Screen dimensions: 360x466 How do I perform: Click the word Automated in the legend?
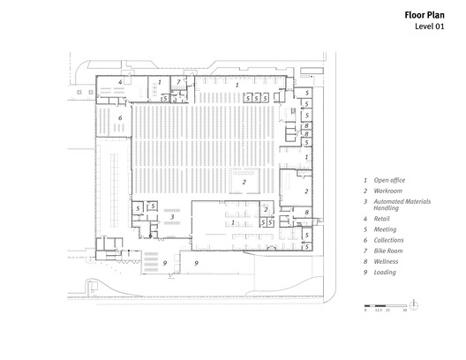click(393, 202)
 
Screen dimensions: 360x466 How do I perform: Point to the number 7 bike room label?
click(177, 82)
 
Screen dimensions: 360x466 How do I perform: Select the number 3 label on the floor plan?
click(172, 215)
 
